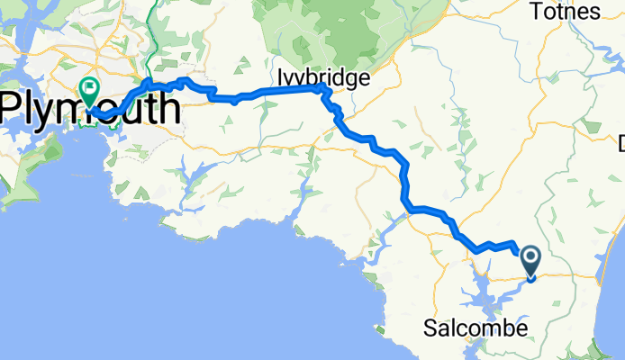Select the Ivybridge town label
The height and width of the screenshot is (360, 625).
pyautogui.click(x=323, y=78)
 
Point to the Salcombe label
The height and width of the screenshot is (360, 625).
pyautogui.click(x=476, y=328)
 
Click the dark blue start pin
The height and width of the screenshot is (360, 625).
pyautogui.click(x=530, y=261)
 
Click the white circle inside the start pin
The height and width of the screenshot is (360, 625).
pyautogui.click(x=530, y=259)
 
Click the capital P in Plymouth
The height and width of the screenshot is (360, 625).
pyautogui.click(x=13, y=109)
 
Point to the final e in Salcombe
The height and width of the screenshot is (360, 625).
pyautogui.click(x=521, y=328)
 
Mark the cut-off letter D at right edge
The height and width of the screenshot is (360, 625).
pyautogui.click(x=620, y=142)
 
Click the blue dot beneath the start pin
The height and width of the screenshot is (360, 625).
pyautogui.click(x=530, y=278)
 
